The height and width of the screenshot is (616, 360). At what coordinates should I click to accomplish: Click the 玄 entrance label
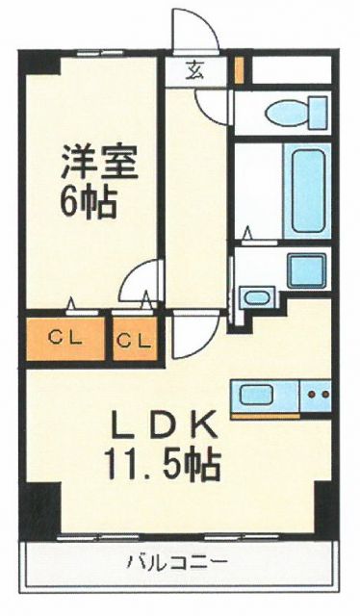tap(194, 69)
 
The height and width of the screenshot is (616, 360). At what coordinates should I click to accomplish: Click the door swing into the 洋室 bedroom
tap(141, 283)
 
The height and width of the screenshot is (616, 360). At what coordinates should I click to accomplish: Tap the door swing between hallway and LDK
tap(189, 336)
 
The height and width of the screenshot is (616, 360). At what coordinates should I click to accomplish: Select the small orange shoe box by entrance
tap(240, 70)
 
